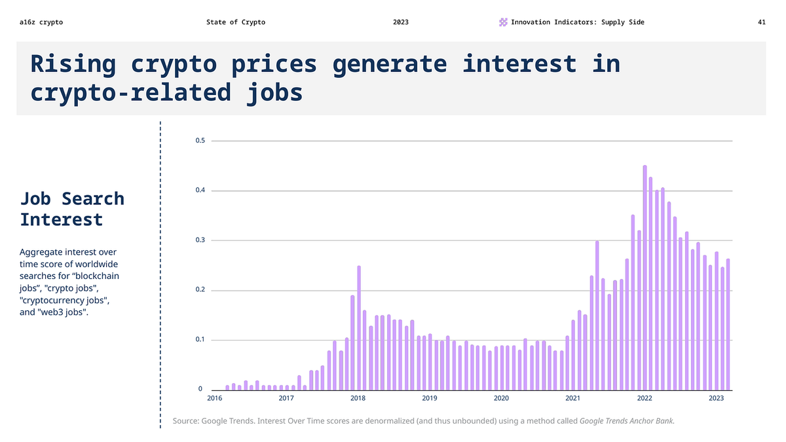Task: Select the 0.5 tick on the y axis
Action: click(200, 141)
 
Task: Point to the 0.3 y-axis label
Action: click(200, 240)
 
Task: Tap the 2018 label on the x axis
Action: click(358, 397)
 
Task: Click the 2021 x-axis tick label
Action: click(572, 397)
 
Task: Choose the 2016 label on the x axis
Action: click(214, 397)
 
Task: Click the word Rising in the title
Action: click(73, 64)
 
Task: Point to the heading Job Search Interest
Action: click(72, 208)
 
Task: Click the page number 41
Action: click(762, 22)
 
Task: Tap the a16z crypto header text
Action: click(41, 22)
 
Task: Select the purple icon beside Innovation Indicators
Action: click(503, 22)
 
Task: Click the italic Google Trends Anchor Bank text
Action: click(627, 421)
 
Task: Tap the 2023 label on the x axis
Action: click(716, 397)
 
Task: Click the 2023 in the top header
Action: click(401, 22)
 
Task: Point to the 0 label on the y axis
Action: click(200, 390)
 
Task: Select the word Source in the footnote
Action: click(186, 421)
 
